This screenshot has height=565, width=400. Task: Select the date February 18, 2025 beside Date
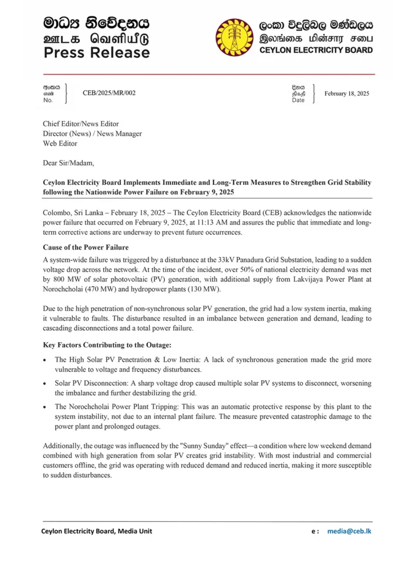point(346,94)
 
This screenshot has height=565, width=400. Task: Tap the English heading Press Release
point(97,53)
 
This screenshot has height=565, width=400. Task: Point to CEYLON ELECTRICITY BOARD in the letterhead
point(315,50)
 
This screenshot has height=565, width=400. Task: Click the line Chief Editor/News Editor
point(81,124)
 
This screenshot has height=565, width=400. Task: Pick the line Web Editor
point(60,143)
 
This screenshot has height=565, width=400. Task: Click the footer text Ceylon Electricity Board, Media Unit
point(97,531)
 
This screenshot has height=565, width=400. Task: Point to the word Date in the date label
point(298,100)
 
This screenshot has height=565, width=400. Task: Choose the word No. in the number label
point(48,100)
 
